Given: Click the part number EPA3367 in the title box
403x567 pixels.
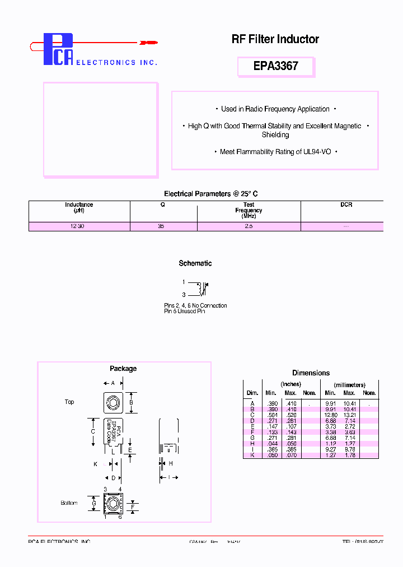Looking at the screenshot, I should (275, 66).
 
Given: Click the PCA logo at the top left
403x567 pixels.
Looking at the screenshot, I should (59, 49).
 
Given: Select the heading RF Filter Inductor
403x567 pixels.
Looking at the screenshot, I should (275, 39).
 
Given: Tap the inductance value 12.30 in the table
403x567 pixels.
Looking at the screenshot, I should (78, 226).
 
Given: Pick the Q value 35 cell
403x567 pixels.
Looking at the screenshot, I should (162, 226).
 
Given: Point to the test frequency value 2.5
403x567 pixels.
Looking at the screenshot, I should (249, 226).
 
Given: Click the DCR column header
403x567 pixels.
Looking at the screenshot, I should (346, 205).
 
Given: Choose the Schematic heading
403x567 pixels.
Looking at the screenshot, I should (195, 263).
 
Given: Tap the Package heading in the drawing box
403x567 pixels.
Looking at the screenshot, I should (123, 369).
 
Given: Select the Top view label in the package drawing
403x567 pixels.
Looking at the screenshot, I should (69, 402).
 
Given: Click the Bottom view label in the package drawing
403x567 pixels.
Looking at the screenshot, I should (69, 503).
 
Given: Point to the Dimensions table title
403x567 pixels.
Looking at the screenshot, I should (311, 373).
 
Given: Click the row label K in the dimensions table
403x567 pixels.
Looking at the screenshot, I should (252, 456).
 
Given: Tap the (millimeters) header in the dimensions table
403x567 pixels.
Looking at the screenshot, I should (349, 385).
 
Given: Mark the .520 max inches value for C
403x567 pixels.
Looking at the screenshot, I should (291, 415).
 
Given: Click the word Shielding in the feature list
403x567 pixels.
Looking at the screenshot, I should (275, 135).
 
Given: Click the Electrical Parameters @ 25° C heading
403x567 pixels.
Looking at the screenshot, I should (210, 194).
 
